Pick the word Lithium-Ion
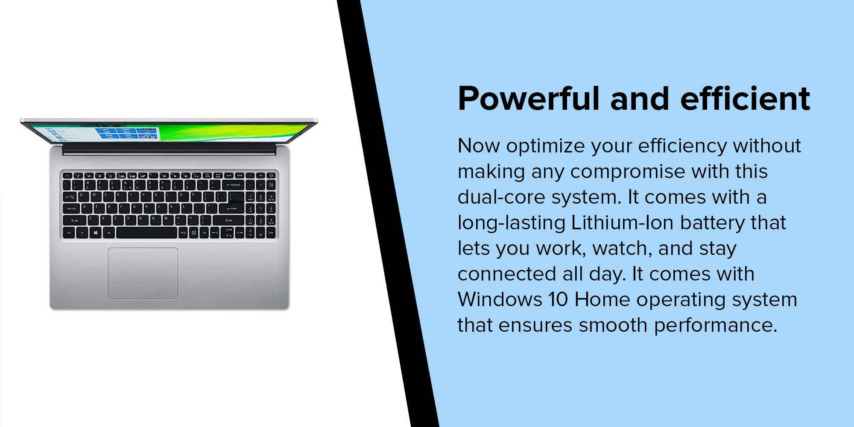(622, 223)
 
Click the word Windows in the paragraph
(500, 299)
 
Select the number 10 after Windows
(558, 299)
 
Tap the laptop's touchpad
(143, 273)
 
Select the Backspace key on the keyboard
(233, 185)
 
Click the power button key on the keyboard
(271, 175)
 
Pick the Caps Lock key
(71, 208)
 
